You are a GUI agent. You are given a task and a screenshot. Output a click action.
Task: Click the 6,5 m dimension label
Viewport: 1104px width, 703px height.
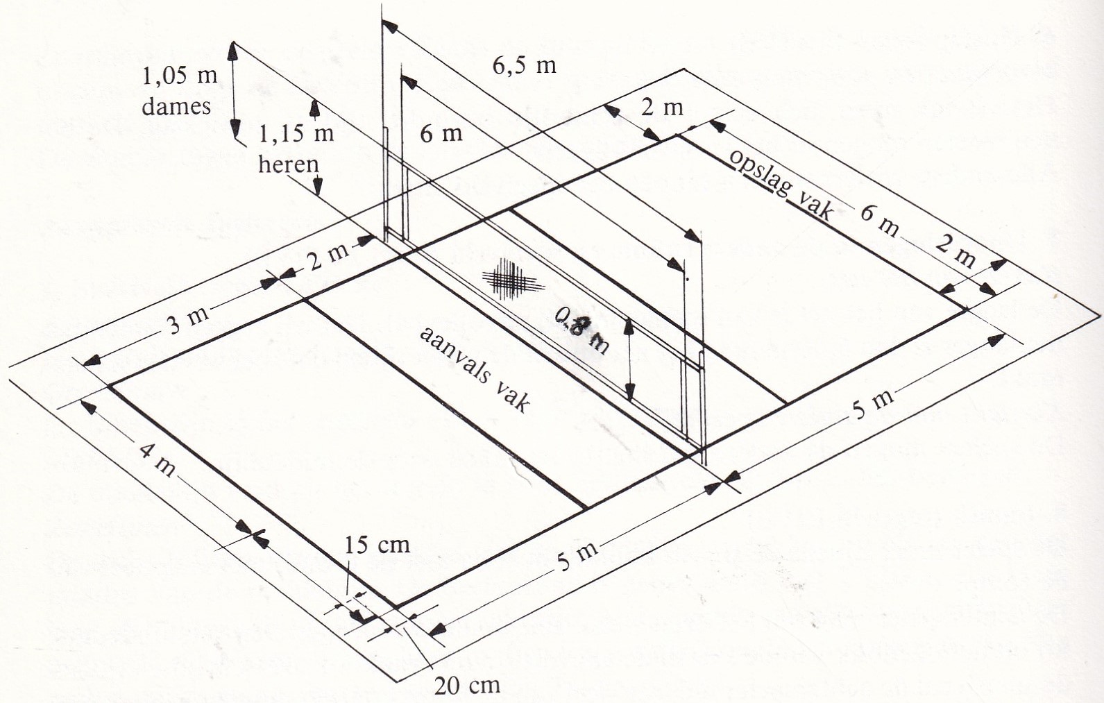tap(524, 65)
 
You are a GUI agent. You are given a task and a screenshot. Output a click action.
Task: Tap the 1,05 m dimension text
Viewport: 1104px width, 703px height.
tap(179, 75)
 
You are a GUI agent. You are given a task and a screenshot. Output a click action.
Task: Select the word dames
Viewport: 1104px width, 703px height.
tap(176, 106)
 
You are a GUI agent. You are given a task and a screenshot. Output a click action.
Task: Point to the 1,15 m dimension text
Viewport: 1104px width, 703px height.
tap(296, 133)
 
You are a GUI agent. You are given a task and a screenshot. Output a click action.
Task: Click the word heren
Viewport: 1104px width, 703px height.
tap(288, 164)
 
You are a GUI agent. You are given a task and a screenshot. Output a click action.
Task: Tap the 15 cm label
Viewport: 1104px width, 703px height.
tap(377, 545)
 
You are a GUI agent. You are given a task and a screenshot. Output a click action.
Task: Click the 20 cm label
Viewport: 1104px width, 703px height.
tap(466, 685)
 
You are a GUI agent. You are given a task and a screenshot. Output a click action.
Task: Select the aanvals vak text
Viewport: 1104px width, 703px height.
tap(475, 369)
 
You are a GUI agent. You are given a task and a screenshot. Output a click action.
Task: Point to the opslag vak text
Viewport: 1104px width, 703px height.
tap(781, 183)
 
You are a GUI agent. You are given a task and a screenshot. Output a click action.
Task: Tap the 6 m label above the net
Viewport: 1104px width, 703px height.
tap(441, 133)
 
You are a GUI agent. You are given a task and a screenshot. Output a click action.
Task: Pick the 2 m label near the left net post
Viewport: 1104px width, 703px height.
tap(328, 257)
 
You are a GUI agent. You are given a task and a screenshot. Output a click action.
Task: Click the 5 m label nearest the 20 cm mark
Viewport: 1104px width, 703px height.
tap(577, 556)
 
